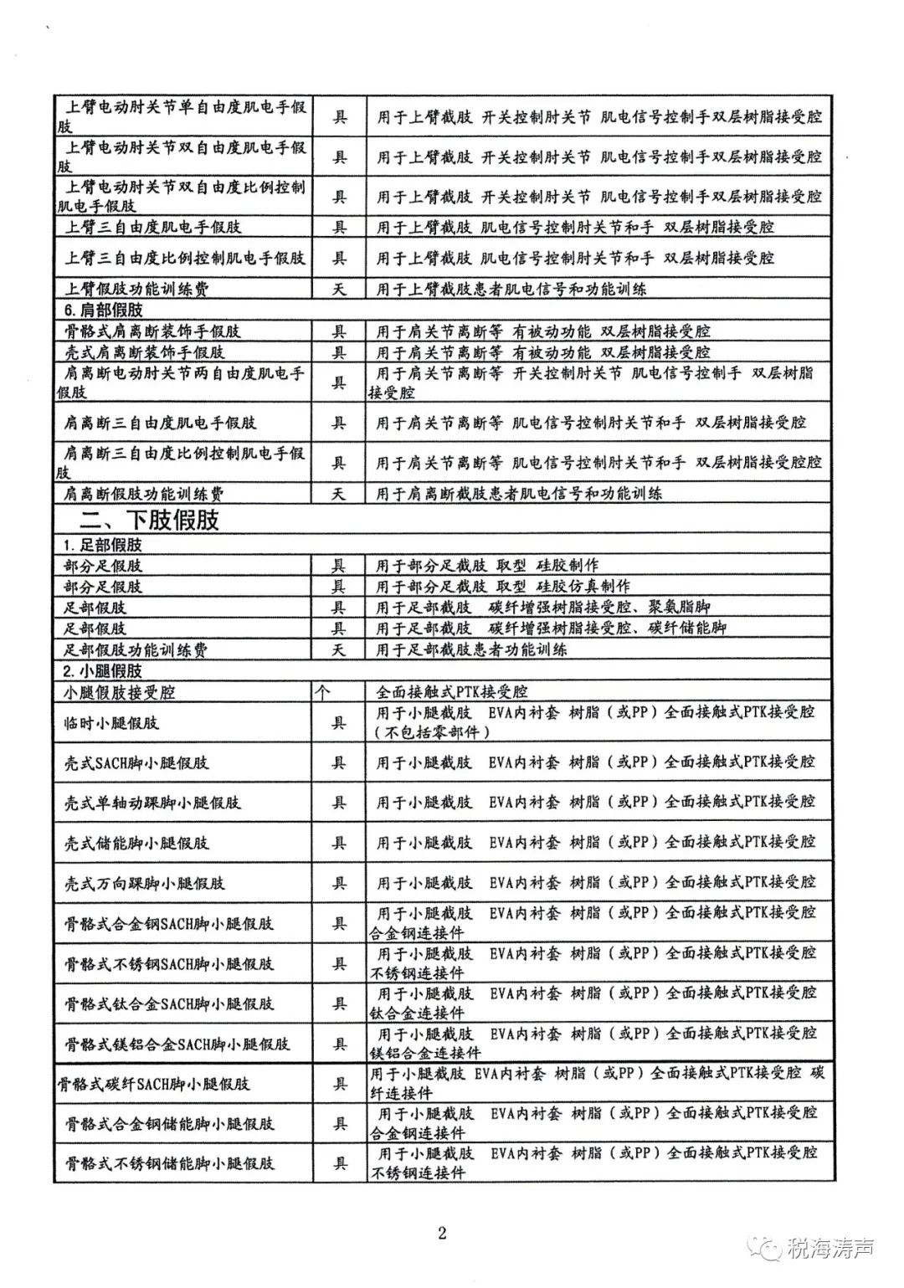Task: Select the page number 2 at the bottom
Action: tap(443, 1232)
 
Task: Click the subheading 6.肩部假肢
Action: tap(106, 310)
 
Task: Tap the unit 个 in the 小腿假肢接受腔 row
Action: tap(322, 692)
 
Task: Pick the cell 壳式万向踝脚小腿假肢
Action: tap(145, 883)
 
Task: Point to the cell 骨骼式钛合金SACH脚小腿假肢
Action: tap(169, 1003)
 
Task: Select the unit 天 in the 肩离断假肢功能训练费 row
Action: tap(338, 493)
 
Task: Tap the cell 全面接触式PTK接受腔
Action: tap(452, 692)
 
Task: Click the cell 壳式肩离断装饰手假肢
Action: tap(145, 352)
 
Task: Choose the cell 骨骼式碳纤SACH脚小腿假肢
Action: tap(152, 1084)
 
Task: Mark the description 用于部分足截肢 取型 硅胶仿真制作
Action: tap(502, 586)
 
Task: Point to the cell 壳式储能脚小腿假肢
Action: tap(136, 843)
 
